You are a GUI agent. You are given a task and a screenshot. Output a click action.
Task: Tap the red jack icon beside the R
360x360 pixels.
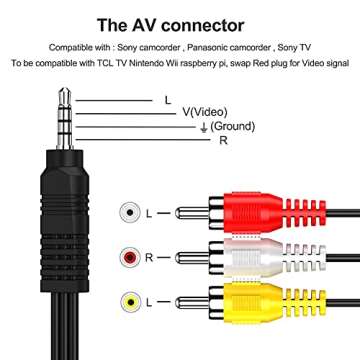[128, 257]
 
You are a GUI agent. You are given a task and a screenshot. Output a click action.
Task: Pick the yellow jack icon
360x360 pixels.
[128, 301]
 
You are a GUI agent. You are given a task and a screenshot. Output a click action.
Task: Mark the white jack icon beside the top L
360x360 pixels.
[128, 213]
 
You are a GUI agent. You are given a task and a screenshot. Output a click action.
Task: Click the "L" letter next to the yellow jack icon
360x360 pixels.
[149, 301]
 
